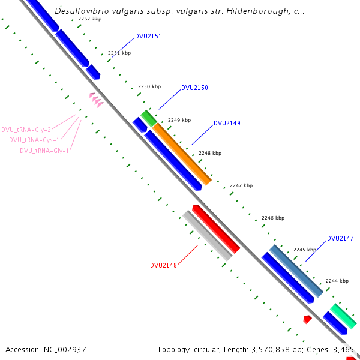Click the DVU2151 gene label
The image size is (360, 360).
[148, 37]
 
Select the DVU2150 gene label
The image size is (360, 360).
[194, 88]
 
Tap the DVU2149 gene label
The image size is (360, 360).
[227, 124]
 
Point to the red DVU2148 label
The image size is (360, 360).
[163, 265]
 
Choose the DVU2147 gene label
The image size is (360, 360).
[340, 239]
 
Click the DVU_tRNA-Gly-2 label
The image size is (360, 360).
[26, 130]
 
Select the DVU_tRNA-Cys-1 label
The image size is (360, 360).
[34, 140]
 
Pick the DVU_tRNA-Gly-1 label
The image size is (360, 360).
[44, 151]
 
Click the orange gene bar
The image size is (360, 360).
[182, 154]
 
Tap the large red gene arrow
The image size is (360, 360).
[217, 229]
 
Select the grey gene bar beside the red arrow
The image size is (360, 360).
[207, 235]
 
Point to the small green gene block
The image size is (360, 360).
[148, 118]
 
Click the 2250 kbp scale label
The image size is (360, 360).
[149, 87]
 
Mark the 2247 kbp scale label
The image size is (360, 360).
[241, 186]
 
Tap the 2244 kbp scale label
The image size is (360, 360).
[337, 281]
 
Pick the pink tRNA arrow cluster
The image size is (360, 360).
[96, 100]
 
